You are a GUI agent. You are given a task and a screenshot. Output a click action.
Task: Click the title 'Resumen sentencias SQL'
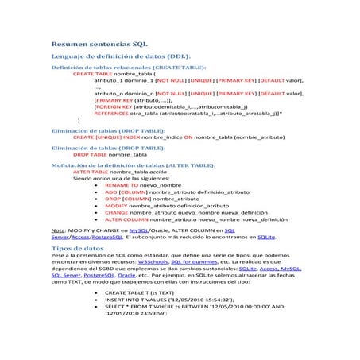click(x=99, y=46)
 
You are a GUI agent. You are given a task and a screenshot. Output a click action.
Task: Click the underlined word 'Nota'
click(x=58, y=229)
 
